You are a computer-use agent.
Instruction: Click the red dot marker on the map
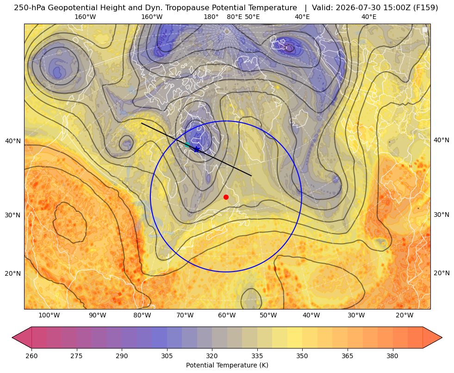click(226, 197)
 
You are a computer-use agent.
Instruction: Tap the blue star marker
click(197, 149)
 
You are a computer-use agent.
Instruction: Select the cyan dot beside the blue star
click(187, 145)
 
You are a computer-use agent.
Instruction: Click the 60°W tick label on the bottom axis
click(227, 316)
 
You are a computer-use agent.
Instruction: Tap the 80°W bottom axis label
click(142, 316)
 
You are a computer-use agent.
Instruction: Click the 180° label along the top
click(211, 17)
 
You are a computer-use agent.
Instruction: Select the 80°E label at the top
click(235, 17)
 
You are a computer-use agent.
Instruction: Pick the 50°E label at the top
click(252, 17)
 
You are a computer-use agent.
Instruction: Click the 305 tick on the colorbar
click(167, 356)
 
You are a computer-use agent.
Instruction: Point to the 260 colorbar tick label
click(31, 356)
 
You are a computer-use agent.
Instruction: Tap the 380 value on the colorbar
click(392, 356)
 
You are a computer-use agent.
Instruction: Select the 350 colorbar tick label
click(302, 356)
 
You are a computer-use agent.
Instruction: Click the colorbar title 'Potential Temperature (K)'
click(227, 365)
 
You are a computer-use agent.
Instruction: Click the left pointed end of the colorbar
click(12, 337)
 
